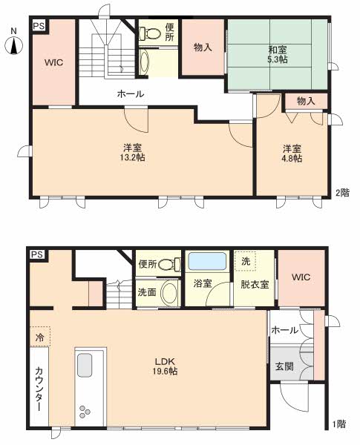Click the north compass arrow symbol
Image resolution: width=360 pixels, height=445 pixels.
click(x=13, y=45)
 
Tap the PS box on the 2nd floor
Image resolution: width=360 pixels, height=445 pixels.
click(x=39, y=26)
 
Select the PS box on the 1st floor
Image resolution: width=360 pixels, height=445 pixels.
click(x=37, y=254)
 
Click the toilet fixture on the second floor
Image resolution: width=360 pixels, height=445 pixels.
click(x=149, y=34)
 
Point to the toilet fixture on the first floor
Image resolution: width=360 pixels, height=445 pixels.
click(x=170, y=265)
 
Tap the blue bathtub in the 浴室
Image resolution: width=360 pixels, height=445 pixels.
click(x=207, y=261)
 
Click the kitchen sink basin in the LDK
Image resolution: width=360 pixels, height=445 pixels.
click(x=85, y=365)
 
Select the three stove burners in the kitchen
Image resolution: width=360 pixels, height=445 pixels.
click(x=85, y=411)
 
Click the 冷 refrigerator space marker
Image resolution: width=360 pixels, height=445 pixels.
click(x=40, y=337)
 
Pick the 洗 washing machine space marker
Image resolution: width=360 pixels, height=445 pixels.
click(x=246, y=261)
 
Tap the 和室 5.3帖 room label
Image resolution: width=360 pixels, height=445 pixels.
click(x=278, y=55)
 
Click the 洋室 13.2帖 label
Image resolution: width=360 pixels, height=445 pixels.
click(x=132, y=153)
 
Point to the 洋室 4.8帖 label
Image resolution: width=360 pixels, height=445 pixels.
click(x=292, y=154)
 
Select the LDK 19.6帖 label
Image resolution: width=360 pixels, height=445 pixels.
click(x=165, y=366)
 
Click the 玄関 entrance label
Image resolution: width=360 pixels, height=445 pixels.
click(x=284, y=366)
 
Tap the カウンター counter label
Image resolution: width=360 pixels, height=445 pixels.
click(x=39, y=389)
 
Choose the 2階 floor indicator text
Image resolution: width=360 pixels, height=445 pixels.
click(x=342, y=193)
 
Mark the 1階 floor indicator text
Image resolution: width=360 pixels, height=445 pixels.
click(x=339, y=424)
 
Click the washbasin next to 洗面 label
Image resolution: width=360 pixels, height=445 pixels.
click(x=170, y=293)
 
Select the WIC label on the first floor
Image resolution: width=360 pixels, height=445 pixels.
click(x=301, y=277)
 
